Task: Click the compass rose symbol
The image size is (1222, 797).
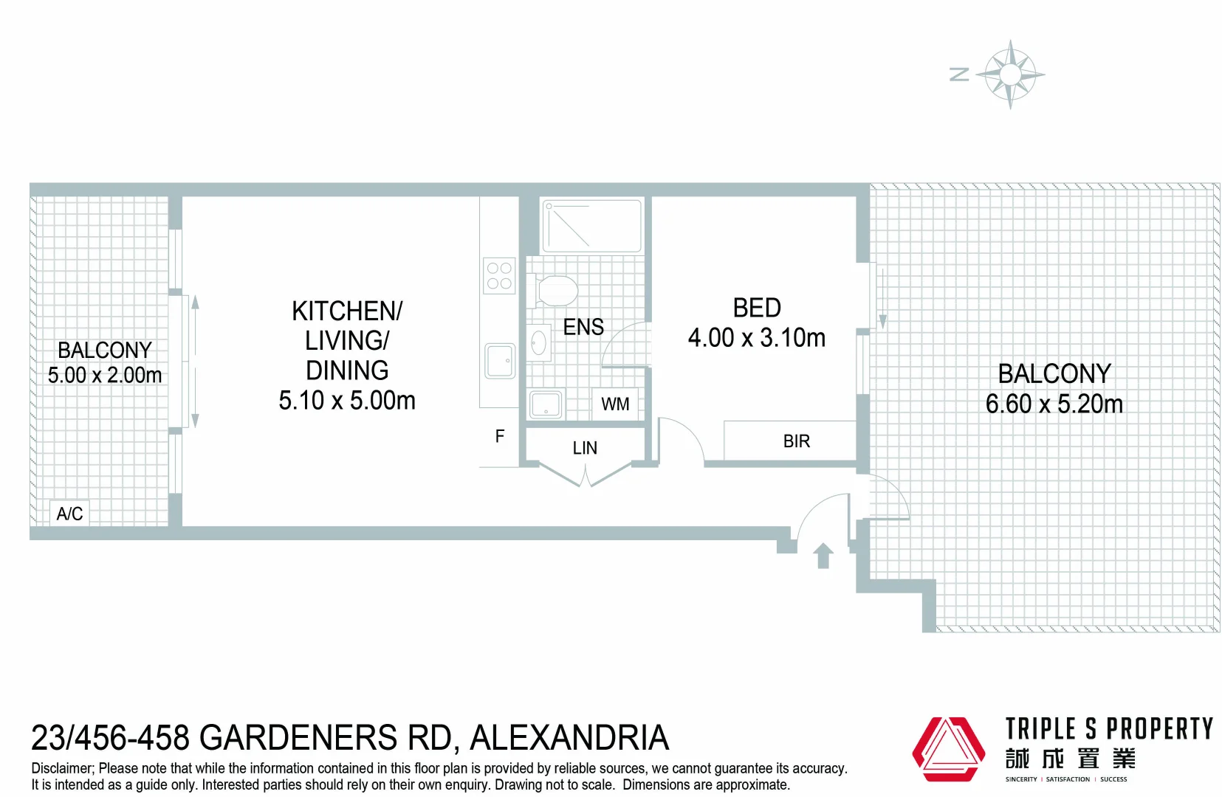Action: tap(1010, 75)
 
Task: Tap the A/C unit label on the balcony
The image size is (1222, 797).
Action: tap(69, 514)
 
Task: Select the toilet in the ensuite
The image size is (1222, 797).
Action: tap(555, 290)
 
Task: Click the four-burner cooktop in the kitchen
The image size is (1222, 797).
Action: tap(499, 276)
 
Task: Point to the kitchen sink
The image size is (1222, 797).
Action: tap(500, 361)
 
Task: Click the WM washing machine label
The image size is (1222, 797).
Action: tap(615, 404)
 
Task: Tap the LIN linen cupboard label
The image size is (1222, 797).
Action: tap(585, 448)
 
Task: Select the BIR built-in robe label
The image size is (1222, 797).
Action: tap(796, 441)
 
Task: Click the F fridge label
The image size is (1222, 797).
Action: tap(500, 437)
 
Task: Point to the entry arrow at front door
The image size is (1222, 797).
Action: tap(823, 555)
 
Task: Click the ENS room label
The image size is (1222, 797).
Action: tap(583, 327)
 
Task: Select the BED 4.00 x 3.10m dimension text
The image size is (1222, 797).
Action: tap(757, 338)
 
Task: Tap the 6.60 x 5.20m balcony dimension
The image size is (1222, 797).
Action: tap(1054, 404)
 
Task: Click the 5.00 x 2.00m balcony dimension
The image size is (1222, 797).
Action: tap(105, 376)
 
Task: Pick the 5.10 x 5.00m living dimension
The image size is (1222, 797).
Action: tap(347, 401)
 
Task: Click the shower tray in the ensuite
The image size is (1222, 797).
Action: tap(591, 226)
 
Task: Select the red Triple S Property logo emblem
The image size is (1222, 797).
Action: tap(948, 749)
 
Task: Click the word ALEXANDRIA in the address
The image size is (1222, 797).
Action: tap(569, 738)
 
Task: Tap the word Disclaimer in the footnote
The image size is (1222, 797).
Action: tap(62, 768)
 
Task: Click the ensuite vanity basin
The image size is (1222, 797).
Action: tap(539, 343)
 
